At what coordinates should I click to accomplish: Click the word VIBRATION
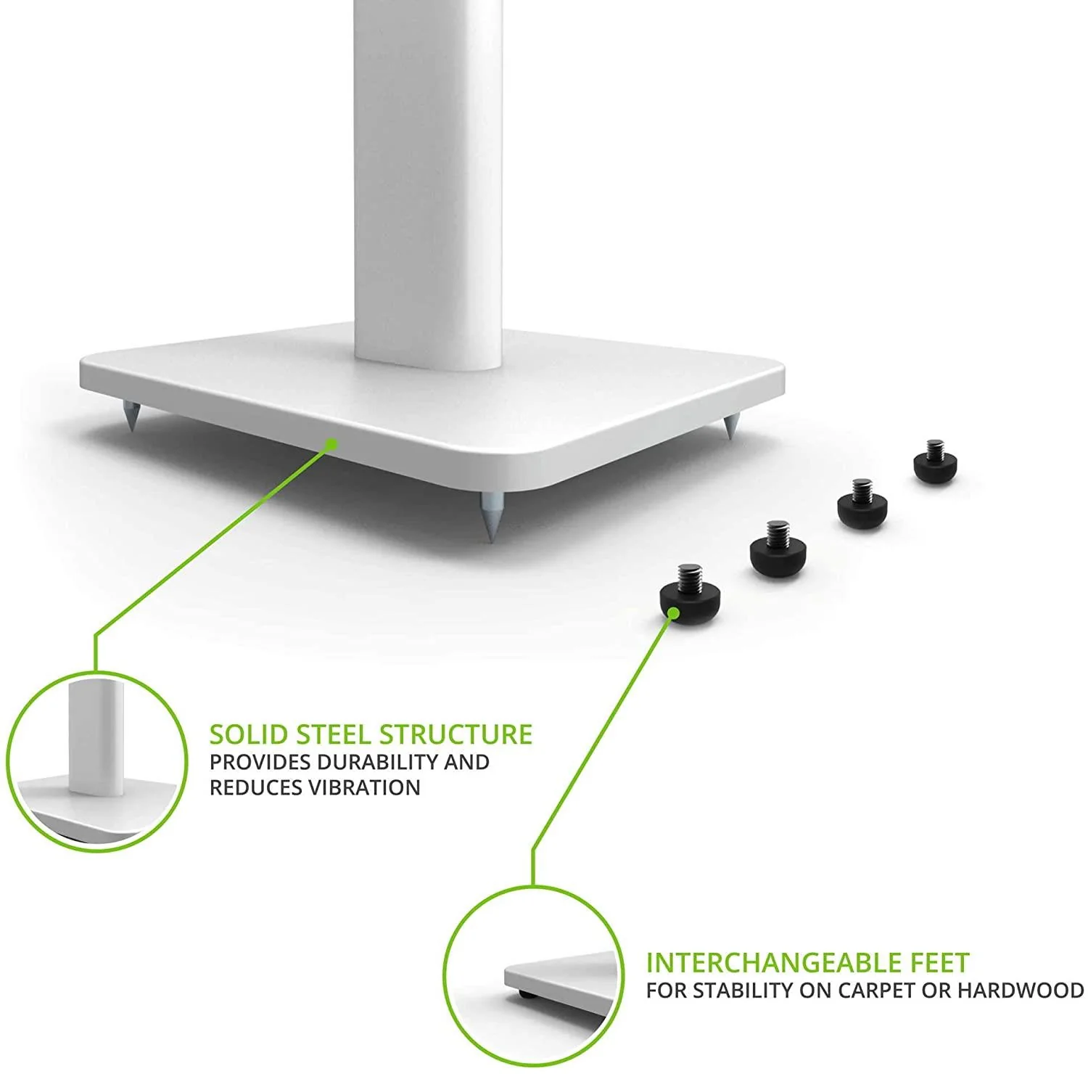364,787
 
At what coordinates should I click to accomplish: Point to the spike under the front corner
489,517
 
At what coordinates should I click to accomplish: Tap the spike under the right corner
729,427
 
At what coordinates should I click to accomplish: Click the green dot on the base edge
331,443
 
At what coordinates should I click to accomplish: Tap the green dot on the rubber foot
674,613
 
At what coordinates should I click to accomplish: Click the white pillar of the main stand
429,181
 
